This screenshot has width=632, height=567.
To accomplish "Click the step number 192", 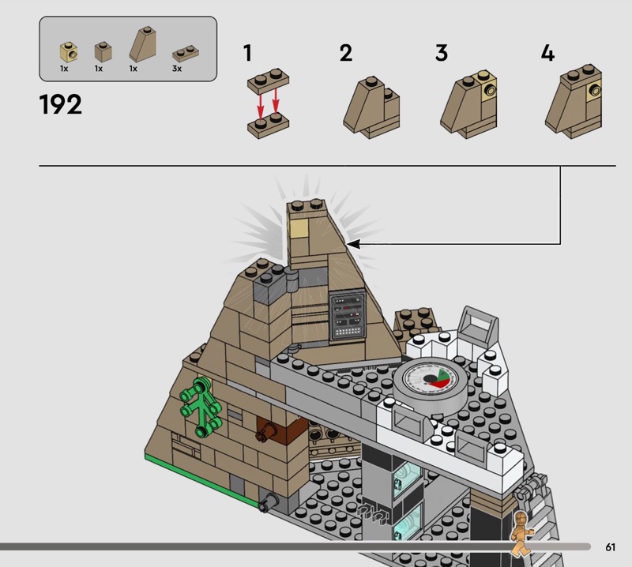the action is pyautogui.click(x=61, y=104).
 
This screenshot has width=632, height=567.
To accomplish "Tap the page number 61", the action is pyautogui.click(x=610, y=546).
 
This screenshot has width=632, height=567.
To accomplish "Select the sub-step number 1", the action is pyautogui.click(x=247, y=53).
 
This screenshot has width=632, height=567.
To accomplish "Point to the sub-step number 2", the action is pyautogui.click(x=346, y=53).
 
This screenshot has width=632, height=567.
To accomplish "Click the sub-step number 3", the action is pyautogui.click(x=442, y=53).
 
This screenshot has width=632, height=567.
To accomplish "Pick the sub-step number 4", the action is pyautogui.click(x=547, y=53).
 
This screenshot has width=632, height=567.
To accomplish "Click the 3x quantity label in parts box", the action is pyautogui.click(x=177, y=69).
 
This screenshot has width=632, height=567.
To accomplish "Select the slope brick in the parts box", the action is pyautogui.click(x=143, y=44).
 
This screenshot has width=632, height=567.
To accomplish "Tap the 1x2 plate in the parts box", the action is pyautogui.click(x=186, y=54).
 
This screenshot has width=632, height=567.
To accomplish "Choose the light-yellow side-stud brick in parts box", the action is pyautogui.click(x=69, y=52).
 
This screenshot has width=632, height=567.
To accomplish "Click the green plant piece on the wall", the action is pyautogui.click(x=201, y=406).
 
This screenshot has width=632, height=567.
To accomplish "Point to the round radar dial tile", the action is pyautogui.click(x=431, y=385).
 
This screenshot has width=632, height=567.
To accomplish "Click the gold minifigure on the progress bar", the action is pyautogui.click(x=521, y=534).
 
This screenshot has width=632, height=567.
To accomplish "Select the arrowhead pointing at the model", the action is pyautogui.click(x=352, y=244).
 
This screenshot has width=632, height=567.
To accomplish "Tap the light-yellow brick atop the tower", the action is pyautogui.click(x=299, y=228).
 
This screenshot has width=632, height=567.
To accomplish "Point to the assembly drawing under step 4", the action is pyautogui.click(x=574, y=102).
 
